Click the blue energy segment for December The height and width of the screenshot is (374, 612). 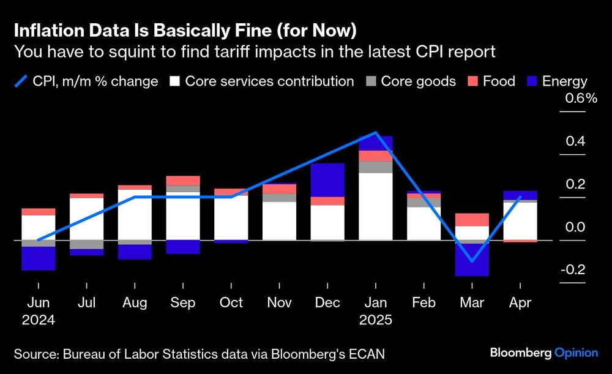point(327,180)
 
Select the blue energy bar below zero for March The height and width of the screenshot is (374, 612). point(472,260)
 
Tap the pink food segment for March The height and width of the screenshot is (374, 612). point(472,220)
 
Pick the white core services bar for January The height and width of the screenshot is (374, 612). point(376,206)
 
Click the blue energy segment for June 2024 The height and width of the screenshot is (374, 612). point(38,258)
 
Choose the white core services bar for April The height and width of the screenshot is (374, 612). point(520,221)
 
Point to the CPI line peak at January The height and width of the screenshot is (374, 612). point(376,133)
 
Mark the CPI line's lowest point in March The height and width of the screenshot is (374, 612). point(472,261)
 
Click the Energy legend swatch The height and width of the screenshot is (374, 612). point(531,81)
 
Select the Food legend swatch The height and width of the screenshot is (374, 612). point(475,81)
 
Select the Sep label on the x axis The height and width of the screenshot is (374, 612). point(182,302)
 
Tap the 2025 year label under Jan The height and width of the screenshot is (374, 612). point(376,320)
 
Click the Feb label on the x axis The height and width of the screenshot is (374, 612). point(424,302)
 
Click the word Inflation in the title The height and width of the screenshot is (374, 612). point(48,29)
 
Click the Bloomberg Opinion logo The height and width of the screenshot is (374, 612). point(543,352)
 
